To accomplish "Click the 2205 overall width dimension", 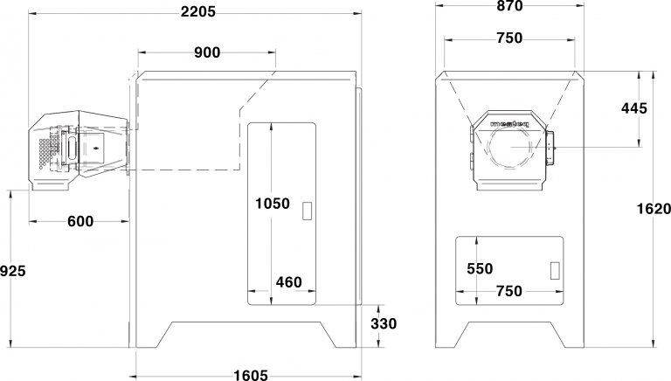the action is coord(197,11).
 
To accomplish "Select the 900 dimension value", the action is coord(207,52).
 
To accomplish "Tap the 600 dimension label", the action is coord(80,221).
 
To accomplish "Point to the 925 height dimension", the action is coord(13,271).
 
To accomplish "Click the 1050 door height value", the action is coord(273,204).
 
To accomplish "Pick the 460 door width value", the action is coord(289,282).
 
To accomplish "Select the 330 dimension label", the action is coord(384,323).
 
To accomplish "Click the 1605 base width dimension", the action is coord(251,375).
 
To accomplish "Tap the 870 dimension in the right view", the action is coord(509,5).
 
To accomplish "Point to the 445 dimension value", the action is coord(634,108).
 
